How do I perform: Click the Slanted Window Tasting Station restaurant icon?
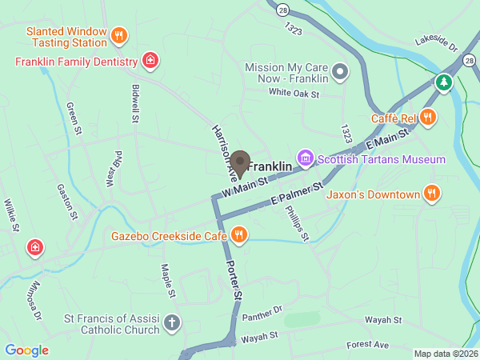(x=119, y=35)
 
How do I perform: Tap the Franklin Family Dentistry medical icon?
(x=150, y=60)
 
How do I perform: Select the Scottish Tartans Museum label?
(x=381, y=159)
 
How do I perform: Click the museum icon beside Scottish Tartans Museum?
(x=304, y=158)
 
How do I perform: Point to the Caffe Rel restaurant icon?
(x=428, y=118)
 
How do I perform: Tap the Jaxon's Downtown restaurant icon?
(x=432, y=194)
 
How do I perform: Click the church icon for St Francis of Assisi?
(x=170, y=323)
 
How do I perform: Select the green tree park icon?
(x=443, y=82)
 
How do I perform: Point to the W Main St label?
(x=245, y=189)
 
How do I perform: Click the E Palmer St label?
(x=296, y=194)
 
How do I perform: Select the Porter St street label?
(x=234, y=280)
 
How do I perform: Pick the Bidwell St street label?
(x=134, y=101)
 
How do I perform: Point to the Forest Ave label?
(x=367, y=345)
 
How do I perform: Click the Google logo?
(x=26, y=350)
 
